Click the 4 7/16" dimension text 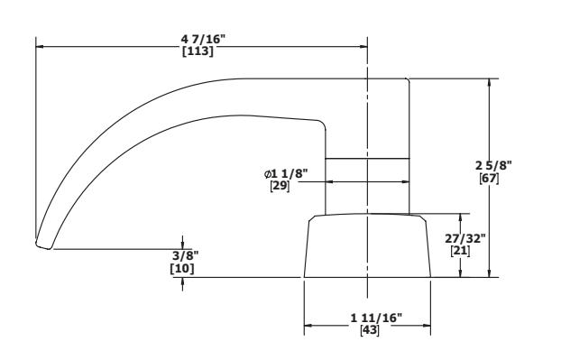203,39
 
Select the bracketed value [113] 198,51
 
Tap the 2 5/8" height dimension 493,166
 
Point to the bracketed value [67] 489,179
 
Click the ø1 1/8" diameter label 286,174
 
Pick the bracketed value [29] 280,186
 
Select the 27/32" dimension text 465,238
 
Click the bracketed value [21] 460,251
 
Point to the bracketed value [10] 182,268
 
